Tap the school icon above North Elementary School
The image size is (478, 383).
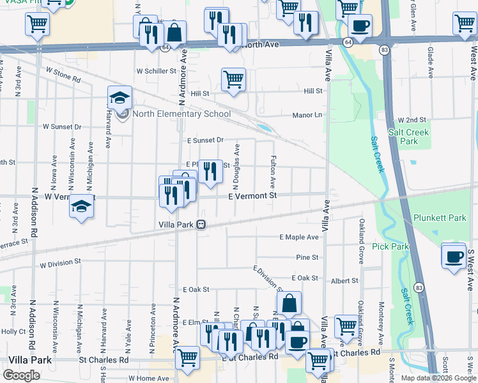tap(119, 98)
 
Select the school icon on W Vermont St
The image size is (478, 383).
tap(81, 206)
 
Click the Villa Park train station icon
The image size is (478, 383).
tap(201, 225)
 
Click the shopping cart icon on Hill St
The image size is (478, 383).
tap(233, 80)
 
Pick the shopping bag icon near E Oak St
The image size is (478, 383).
tap(289, 303)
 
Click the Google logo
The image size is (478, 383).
tap(21, 375)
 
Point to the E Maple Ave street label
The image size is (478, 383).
tap(299, 237)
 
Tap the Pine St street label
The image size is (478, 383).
tap(307, 257)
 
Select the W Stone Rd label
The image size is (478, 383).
tap(62, 77)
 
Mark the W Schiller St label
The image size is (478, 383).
tap(156, 71)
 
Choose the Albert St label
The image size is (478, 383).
tap(344, 281)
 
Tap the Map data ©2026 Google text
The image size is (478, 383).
tap(438, 378)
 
